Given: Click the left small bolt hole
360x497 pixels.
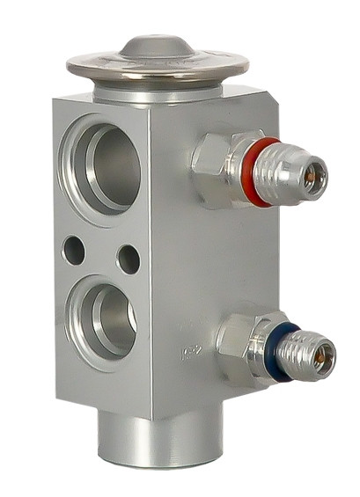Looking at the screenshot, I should pyautogui.click(x=73, y=251).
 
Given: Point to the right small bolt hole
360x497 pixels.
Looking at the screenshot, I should pyautogui.click(x=128, y=258).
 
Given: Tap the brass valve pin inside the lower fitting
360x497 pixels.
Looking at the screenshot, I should pyautogui.click(x=325, y=355).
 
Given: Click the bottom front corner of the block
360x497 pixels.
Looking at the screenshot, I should pyautogui.click(x=151, y=419).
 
